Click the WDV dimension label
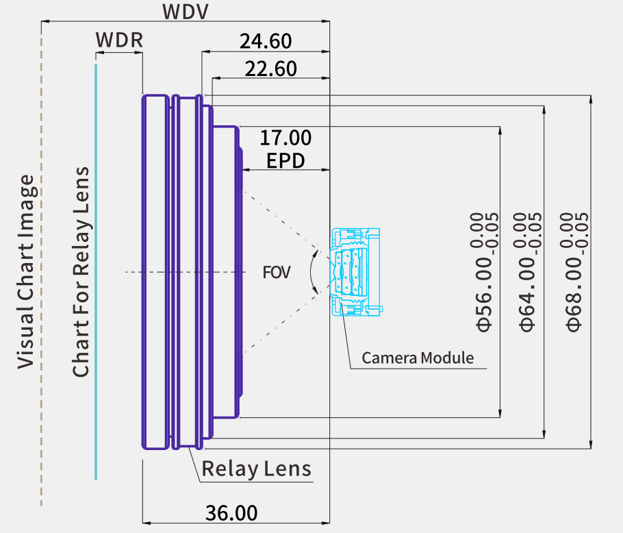tap(185, 12)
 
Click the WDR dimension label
tap(119, 40)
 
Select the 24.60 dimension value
tap(266, 41)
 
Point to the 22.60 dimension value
tap(270, 69)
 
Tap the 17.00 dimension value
tap(285, 138)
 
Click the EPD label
tap(285, 161)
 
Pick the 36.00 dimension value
tap(231, 512)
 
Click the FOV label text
tap(277, 272)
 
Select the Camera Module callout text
tap(418, 358)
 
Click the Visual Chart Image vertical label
tap(26, 272)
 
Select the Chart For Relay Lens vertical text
tap(81, 272)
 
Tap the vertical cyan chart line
tap(96, 272)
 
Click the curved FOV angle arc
tap(310, 272)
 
